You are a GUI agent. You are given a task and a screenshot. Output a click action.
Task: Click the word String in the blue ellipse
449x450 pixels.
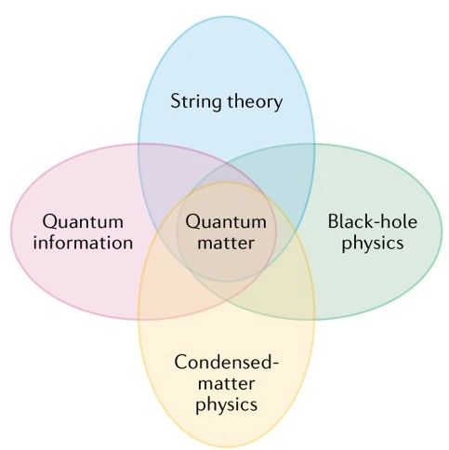(x=196, y=101)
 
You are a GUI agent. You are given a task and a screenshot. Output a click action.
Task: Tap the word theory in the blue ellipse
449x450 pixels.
(x=255, y=101)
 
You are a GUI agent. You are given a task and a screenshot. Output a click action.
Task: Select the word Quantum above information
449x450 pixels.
(x=83, y=222)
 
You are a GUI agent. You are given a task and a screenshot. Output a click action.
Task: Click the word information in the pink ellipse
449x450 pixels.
(x=83, y=243)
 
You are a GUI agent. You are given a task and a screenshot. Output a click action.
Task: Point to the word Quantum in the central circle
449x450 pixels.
(x=226, y=222)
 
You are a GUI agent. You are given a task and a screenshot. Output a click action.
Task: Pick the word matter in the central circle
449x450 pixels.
(x=226, y=243)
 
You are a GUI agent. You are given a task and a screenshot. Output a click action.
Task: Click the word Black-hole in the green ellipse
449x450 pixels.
(x=373, y=221)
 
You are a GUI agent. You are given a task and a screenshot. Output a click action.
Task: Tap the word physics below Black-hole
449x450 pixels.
(x=373, y=244)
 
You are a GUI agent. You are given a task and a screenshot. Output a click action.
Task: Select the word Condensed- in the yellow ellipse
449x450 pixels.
(x=227, y=362)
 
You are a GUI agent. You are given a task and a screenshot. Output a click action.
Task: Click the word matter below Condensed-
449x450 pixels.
(x=226, y=384)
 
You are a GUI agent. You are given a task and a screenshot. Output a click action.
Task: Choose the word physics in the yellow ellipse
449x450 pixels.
(x=227, y=404)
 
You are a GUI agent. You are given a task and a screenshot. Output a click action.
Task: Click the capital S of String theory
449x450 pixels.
(x=177, y=101)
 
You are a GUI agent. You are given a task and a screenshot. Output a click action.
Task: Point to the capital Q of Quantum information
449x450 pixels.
(x=51, y=222)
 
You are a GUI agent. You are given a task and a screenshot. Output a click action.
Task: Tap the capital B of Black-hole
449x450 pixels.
(x=334, y=221)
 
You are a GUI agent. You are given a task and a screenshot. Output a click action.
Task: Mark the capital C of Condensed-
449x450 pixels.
(x=181, y=362)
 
